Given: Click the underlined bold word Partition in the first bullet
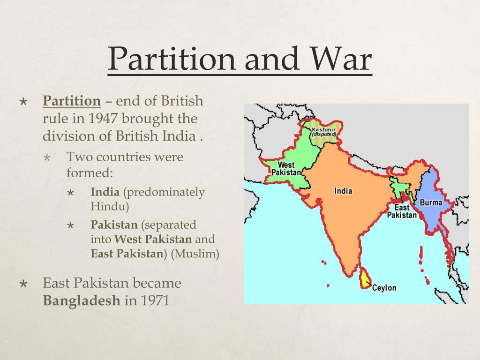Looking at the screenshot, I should tap(72, 101).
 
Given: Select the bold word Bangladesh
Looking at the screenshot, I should tap(82, 300).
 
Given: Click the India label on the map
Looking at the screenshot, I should tap(343, 191).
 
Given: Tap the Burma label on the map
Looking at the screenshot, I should tap(430, 202).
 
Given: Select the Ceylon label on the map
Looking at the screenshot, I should tap(384, 288).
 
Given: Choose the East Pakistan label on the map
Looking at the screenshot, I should tap(402, 211).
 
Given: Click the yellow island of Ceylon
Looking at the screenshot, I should tap(364, 279).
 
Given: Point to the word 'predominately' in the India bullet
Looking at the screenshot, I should tap(164, 192).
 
